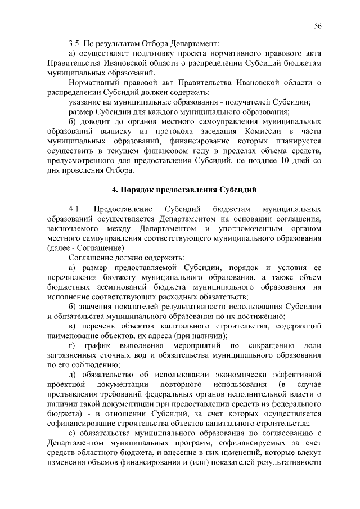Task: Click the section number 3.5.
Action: [x=74, y=42]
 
